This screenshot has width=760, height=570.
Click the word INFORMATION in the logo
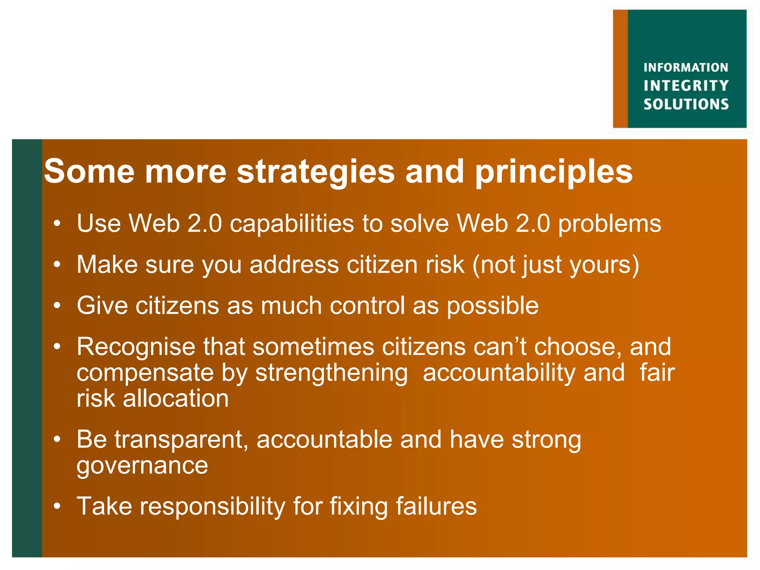pos(685,68)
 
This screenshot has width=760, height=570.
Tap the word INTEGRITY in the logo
pos(686,86)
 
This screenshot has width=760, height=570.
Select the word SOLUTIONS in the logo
pos(686,104)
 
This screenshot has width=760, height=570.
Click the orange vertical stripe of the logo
pos(620,69)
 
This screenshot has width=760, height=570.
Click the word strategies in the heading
pos(316,171)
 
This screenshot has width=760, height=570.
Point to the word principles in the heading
pos(554,172)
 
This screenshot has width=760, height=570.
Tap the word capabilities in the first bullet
pos(292,224)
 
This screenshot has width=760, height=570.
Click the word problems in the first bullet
pos(610,224)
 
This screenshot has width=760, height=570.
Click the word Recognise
pos(136,347)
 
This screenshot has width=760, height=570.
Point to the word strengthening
pos(331,373)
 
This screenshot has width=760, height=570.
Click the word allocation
pos(176,399)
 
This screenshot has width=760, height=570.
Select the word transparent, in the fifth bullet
pos(181,440)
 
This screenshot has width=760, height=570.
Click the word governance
pos(142,466)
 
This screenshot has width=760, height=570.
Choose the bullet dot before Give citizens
pos(56,306)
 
